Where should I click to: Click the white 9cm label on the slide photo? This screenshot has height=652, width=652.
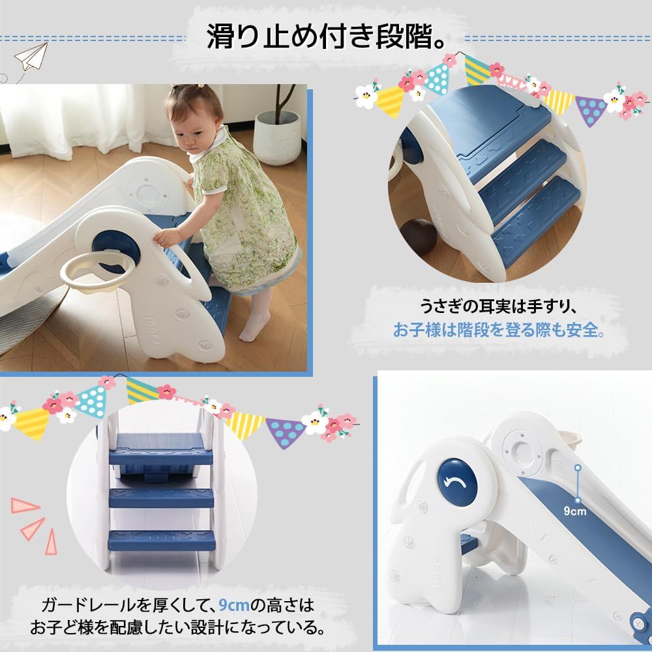click(x=575, y=511)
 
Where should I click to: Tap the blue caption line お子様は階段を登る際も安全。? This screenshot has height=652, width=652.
click(x=499, y=330)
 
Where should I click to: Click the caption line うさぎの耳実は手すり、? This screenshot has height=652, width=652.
click(x=499, y=305)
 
